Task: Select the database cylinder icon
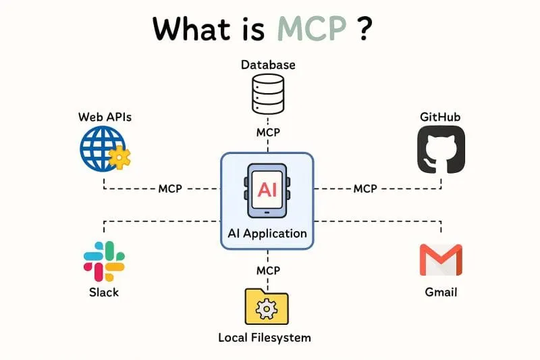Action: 268,94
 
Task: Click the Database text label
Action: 268,65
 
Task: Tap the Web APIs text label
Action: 105,118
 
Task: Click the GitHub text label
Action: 440,118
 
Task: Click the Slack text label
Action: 104,292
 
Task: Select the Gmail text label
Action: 441,292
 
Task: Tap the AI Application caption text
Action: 267,234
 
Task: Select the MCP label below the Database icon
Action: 268,132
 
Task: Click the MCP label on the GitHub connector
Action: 365,188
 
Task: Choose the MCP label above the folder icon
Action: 268,270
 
